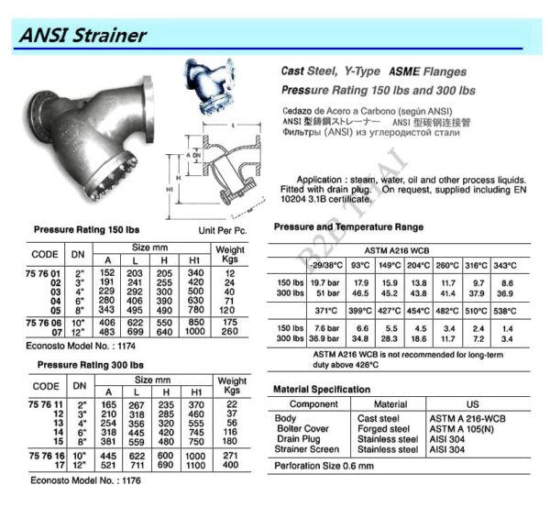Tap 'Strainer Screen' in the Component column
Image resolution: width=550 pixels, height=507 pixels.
(x=307, y=450)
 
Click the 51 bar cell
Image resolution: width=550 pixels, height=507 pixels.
(x=326, y=292)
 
